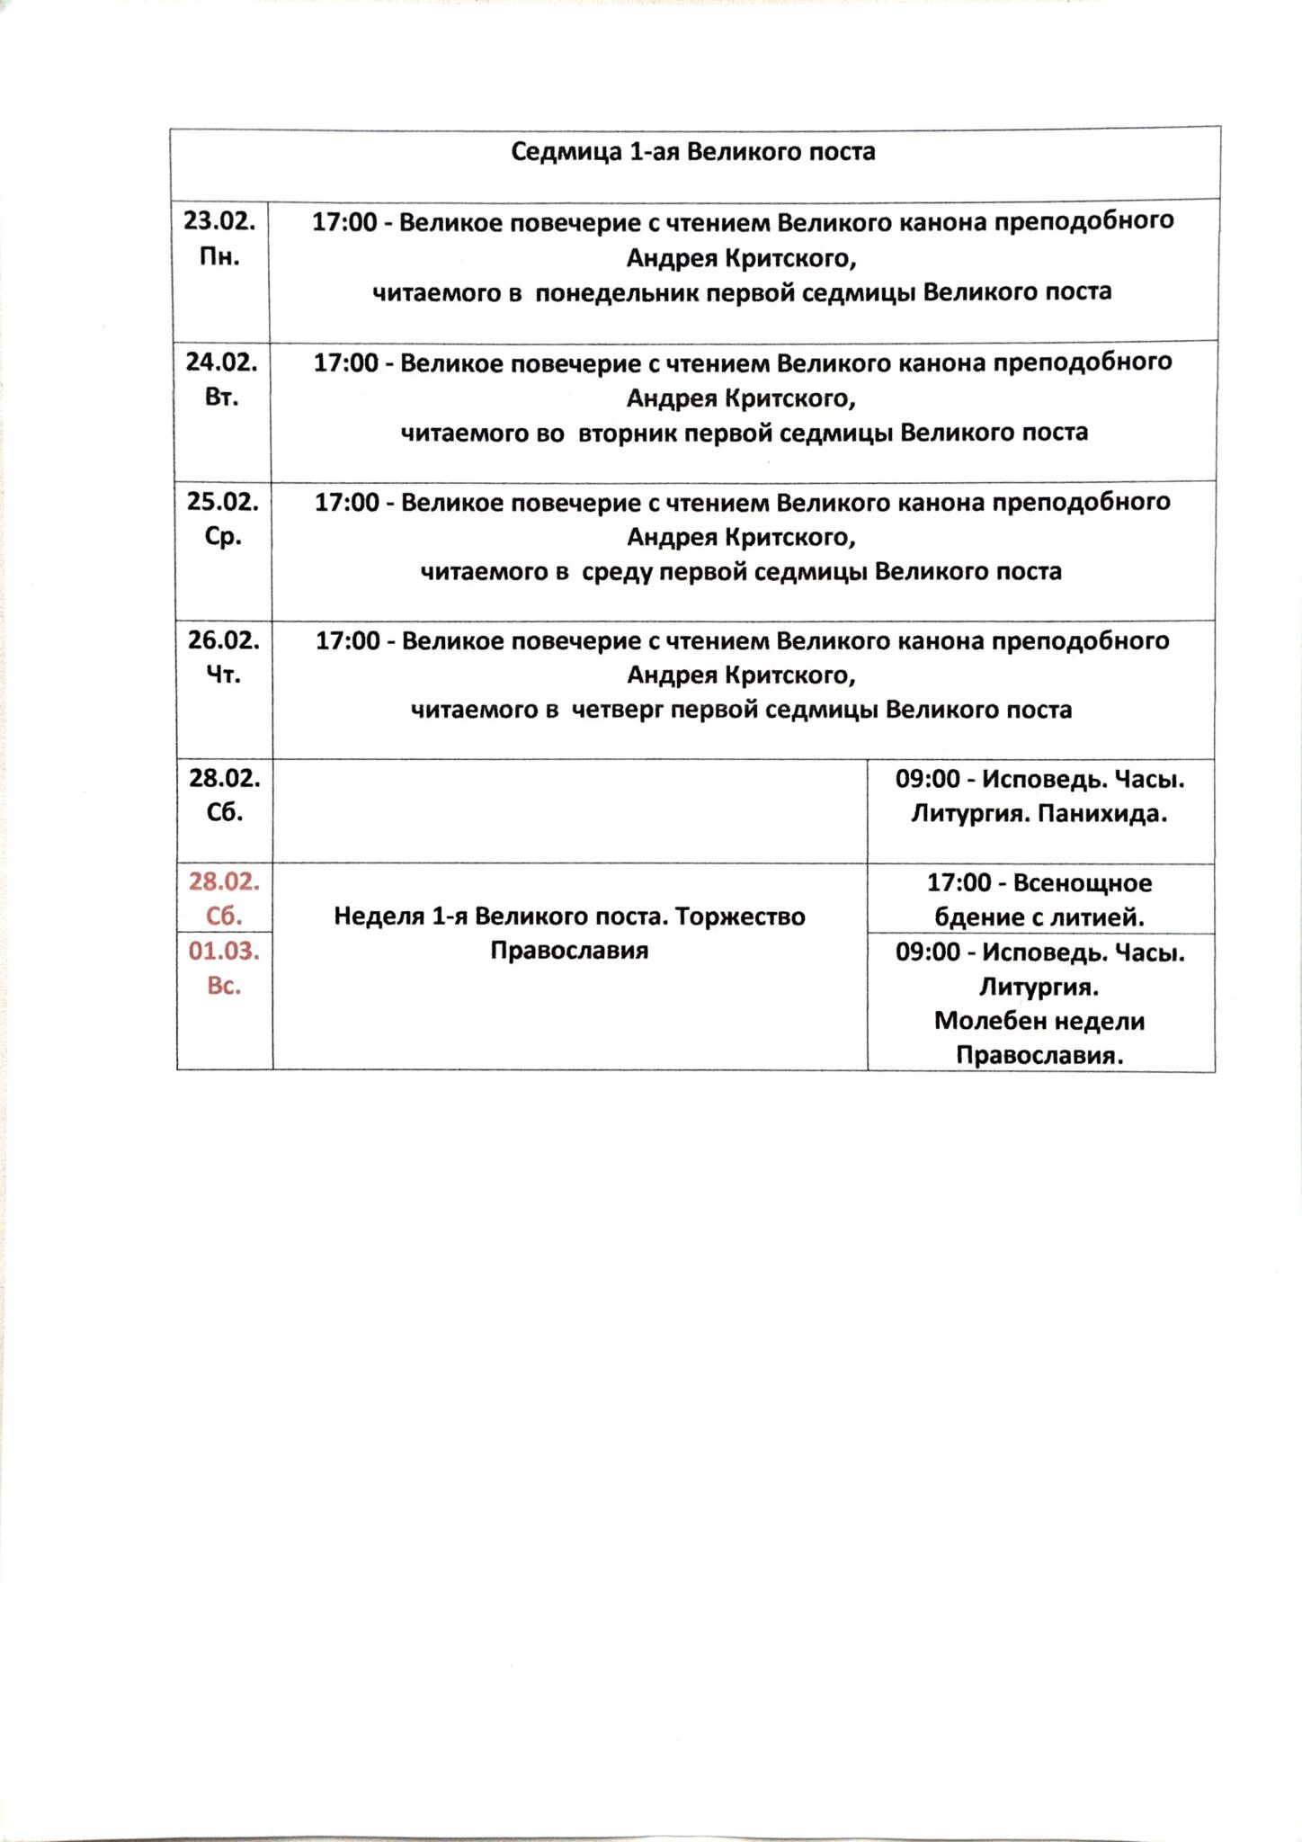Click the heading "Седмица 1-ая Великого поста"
click(692, 151)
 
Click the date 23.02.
click(219, 220)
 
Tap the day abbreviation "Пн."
click(219, 256)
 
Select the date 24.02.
click(221, 362)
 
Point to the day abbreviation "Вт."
click(221, 397)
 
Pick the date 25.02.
click(222, 501)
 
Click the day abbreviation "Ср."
click(223, 536)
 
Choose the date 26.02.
click(223, 639)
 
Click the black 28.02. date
click(224, 778)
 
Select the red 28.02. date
click(224, 881)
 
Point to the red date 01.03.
click(224, 951)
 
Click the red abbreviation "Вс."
click(224, 986)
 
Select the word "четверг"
click(618, 710)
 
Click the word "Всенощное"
click(1082, 883)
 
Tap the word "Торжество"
click(740, 917)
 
